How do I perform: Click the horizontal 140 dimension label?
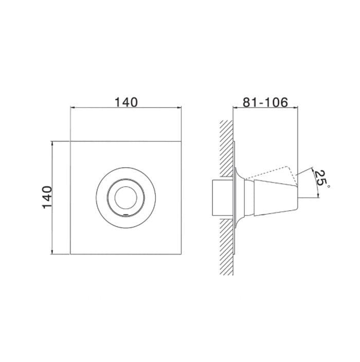click(x=126, y=102)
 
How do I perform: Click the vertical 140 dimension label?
click(x=47, y=197)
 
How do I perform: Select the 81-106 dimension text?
click(x=265, y=102)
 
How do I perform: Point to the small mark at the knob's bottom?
click(x=126, y=215)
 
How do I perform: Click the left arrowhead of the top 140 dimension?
click(x=73, y=107)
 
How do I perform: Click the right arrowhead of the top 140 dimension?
click(x=179, y=107)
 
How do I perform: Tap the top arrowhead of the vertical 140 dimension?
click(x=52, y=143)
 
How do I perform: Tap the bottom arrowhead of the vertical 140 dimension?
click(x=52, y=251)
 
